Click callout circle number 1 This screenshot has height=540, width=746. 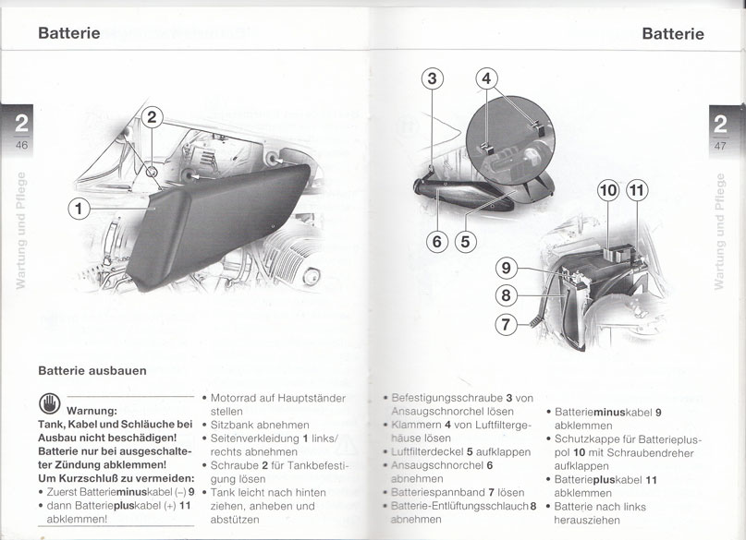pyautogui.click(x=79, y=209)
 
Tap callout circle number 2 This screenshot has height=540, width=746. pyautogui.click(x=152, y=117)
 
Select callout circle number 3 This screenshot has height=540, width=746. pyautogui.click(x=432, y=78)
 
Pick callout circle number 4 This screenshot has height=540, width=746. pyautogui.click(x=487, y=78)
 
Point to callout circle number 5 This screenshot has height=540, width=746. pyautogui.click(x=465, y=242)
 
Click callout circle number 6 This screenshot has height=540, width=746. pyautogui.click(x=437, y=242)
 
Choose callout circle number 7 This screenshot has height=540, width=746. pyautogui.click(x=506, y=325)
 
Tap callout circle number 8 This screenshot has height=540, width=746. pyautogui.click(x=506, y=295)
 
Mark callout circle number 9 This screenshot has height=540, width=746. pyautogui.click(x=507, y=268)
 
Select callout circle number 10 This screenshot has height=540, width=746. pyautogui.click(x=608, y=191)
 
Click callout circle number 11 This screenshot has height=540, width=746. pyautogui.click(x=637, y=191)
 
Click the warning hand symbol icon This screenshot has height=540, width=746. pyautogui.click(x=50, y=404)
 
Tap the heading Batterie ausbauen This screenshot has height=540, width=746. pyautogui.click(x=92, y=370)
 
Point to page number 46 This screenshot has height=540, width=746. pyautogui.click(x=21, y=145)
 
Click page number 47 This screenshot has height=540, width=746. pyautogui.click(x=720, y=145)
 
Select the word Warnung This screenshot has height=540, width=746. pyautogui.click(x=92, y=411)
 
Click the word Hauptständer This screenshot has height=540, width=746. pyautogui.click(x=312, y=398)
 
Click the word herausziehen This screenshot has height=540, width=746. pyautogui.click(x=587, y=520)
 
